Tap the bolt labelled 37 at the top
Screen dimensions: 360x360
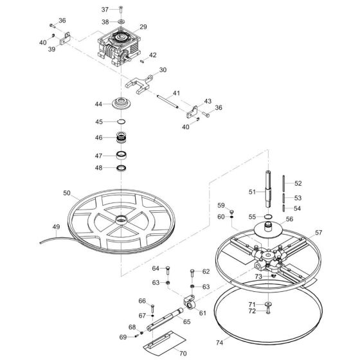click(x=121, y=10)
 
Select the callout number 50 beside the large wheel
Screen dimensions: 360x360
click(x=67, y=192)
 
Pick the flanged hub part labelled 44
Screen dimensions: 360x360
click(x=120, y=104)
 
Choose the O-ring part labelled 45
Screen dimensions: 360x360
click(x=120, y=122)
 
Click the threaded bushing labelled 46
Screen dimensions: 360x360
click(x=120, y=138)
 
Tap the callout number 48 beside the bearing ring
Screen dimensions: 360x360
click(x=99, y=168)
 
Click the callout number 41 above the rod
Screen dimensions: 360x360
click(x=176, y=93)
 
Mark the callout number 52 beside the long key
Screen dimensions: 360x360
click(x=298, y=183)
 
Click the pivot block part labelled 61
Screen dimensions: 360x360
click(x=189, y=300)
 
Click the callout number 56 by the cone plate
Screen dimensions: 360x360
click(x=289, y=219)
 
